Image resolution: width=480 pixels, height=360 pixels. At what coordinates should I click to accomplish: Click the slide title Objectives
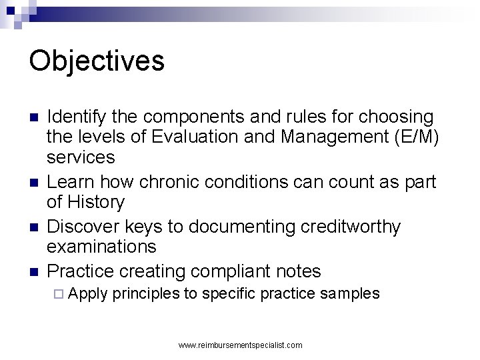(x=97, y=60)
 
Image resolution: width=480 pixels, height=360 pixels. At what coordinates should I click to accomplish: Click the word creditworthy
(x=345, y=227)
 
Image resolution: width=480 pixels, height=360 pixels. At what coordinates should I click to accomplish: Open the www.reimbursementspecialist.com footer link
(x=241, y=345)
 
